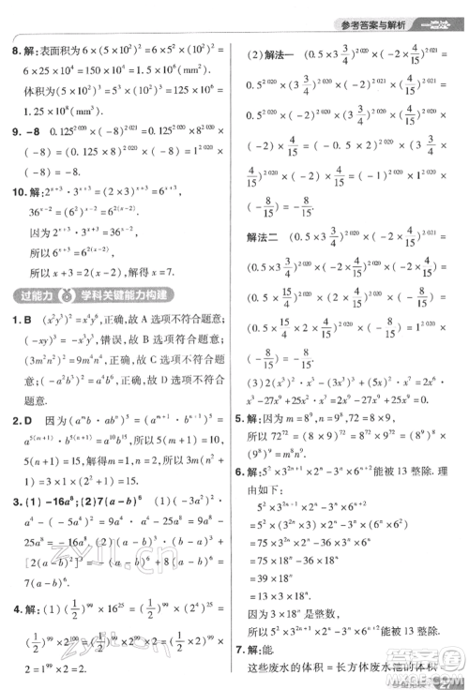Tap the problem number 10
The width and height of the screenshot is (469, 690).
(x=16, y=191)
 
